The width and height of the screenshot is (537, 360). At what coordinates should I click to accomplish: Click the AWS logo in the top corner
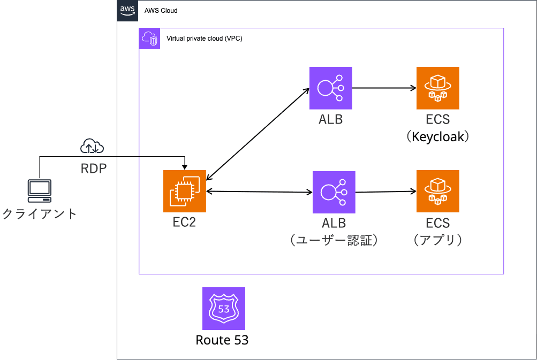click(x=127, y=10)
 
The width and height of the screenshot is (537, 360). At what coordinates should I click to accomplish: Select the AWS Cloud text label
click(x=161, y=11)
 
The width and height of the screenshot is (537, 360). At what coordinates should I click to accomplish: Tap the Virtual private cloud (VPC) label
click(x=205, y=39)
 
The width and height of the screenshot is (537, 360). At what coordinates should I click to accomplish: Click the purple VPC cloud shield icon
click(x=149, y=39)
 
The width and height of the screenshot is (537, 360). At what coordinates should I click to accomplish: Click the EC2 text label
click(x=184, y=222)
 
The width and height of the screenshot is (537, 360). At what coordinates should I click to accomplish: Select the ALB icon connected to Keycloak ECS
click(x=331, y=88)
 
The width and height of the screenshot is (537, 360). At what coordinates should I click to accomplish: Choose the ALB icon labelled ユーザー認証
click(x=334, y=192)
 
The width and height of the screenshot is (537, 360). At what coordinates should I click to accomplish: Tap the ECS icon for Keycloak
click(x=438, y=88)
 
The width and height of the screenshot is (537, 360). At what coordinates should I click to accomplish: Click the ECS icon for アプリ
click(x=438, y=192)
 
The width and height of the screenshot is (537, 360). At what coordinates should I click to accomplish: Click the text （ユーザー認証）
click(x=334, y=240)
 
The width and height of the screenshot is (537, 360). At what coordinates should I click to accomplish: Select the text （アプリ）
click(x=438, y=240)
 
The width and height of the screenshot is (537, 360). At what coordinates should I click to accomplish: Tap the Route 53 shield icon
click(x=224, y=309)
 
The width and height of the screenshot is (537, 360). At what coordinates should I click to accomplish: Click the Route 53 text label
click(x=222, y=340)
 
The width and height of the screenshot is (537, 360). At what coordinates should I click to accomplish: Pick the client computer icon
click(x=40, y=191)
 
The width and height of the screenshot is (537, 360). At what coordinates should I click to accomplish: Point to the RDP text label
click(x=93, y=168)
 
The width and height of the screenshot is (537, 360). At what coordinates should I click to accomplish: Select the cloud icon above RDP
click(x=92, y=145)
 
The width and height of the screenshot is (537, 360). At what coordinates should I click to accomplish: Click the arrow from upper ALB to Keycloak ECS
click(x=384, y=88)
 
